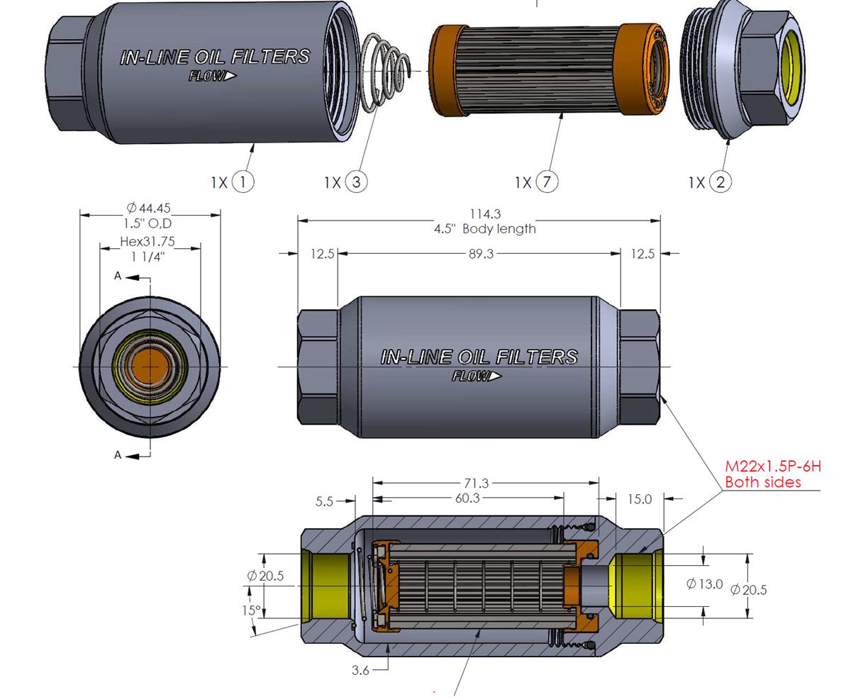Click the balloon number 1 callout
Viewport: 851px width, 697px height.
(243, 182)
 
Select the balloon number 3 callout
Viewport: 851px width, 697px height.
(356, 182)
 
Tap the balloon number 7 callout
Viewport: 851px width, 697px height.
(547, 182)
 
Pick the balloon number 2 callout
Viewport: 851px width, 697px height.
(721, 182)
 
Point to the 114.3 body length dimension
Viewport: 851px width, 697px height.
(485, 213)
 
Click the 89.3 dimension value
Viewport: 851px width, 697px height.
(481, 254)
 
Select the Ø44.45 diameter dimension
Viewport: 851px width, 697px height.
(148, 208)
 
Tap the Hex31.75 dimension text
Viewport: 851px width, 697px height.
(148, 242)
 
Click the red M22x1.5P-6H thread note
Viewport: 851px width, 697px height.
(773, 467)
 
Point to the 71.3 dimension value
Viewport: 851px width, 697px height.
(476, 484)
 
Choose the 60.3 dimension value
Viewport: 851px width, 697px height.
(467, 498)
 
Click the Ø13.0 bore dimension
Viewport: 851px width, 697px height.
(704, 584)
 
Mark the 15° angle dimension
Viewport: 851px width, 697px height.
(251, 610)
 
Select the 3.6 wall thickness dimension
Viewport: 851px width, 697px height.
(360, 670)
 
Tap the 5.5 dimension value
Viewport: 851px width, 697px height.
(324, 502)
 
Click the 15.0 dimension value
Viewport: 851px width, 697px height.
(640, 500)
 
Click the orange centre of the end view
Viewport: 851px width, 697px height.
(150, 367)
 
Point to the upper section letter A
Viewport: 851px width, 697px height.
(118, 276)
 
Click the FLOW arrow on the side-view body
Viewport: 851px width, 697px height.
(477, 377)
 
